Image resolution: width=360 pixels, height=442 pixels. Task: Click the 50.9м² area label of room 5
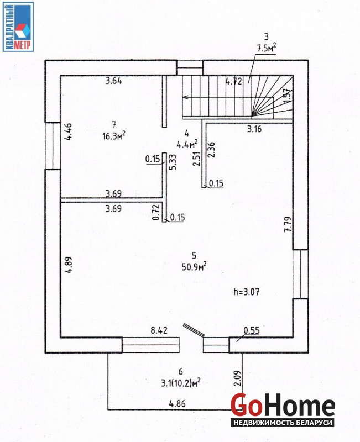[x=194, y=266]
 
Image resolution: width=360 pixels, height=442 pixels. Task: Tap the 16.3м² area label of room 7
[x=114, y=136]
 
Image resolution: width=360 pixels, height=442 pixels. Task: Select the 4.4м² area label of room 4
[x=187, y=144]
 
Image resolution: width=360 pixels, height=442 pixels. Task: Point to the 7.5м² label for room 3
[x=266, y=48]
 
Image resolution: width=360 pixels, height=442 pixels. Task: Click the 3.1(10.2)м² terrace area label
[x=181, y=383]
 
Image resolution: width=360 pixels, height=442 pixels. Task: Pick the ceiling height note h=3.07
[x=247, y=292]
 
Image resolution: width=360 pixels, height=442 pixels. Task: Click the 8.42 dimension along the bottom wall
[x=159, y=330]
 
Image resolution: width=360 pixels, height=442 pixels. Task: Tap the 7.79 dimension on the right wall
[x=288, y=224]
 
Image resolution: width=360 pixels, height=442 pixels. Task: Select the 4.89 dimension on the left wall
[x=68, y=265]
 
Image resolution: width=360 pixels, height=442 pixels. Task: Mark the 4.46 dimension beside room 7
[x=68, y=131]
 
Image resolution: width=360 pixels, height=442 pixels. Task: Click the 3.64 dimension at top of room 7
[x=114, y=81]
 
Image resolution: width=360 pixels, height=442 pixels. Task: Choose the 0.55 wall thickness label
[x=252, y=330]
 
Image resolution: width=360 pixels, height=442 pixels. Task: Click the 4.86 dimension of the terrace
[x=177, y=403]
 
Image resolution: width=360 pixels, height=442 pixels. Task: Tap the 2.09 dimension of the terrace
[x=238, y=378]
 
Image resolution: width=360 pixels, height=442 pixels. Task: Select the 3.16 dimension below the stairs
[x=254, y=129]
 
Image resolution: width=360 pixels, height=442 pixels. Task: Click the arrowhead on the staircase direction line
[x=186, y=97]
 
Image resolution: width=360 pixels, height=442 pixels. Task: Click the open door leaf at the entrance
[x=194, y=330]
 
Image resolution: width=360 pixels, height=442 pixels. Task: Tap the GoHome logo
[x=283, y=409]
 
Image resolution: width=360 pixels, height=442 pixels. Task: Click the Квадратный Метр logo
[x=18, y=27]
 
